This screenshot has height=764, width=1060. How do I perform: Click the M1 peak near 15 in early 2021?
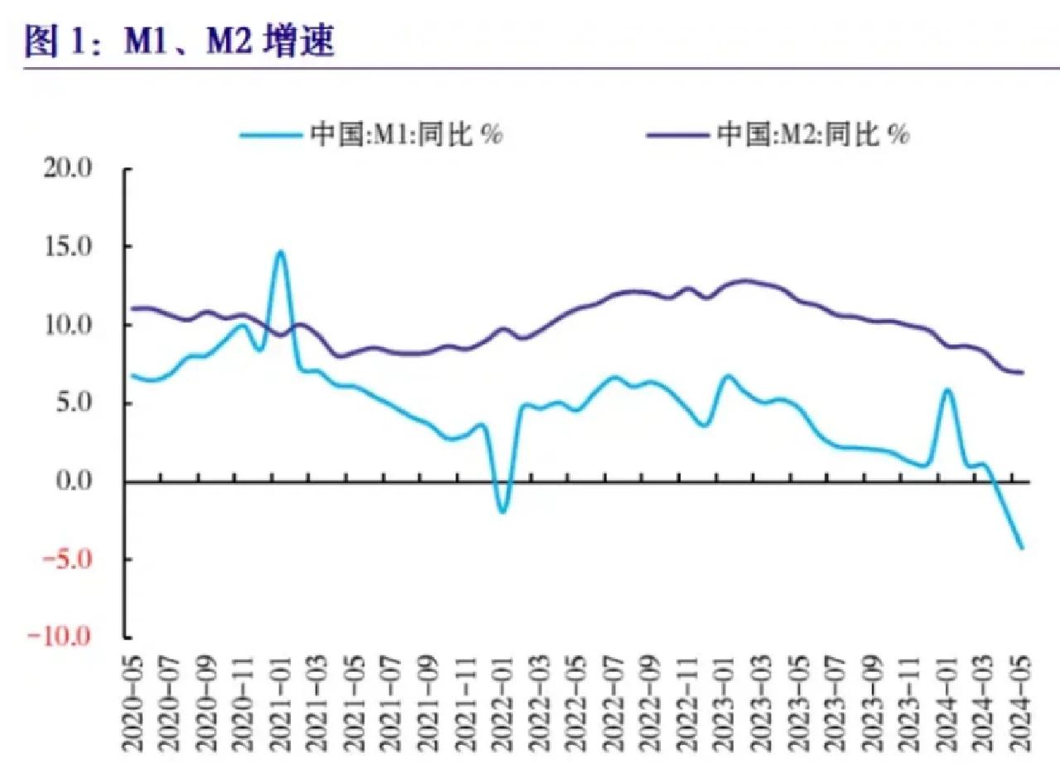[281, 252]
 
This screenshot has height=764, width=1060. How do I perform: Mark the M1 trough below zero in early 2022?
[502, 511]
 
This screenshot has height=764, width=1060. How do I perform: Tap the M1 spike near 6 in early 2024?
[947, 389]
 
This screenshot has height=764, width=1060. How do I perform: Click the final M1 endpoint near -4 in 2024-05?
[1022, 548]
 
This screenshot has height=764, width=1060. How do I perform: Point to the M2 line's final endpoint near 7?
[1022, 372]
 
